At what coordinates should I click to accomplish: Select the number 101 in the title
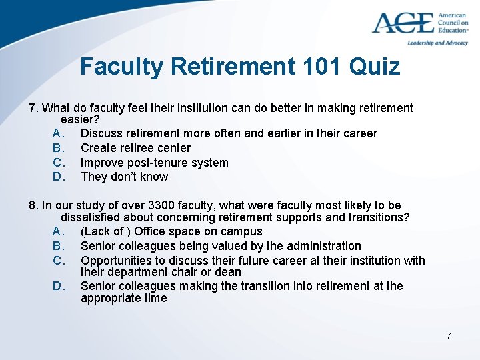tap(317, 67)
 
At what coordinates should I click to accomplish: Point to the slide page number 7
tap(449, 336)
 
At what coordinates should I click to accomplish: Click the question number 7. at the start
tap(35, 108)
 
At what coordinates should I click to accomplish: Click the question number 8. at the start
tap(35, 205)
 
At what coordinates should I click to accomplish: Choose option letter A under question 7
tap(58, 133)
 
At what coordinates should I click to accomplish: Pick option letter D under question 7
tap(58, 177)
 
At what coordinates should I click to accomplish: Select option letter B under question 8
tap(58, 246)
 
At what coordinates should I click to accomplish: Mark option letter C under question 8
tap(58, 261)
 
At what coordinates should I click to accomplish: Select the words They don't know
tap(124, 177)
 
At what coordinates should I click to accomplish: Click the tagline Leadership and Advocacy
tap(437, 43)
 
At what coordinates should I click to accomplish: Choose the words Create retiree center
tap(135, 148)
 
